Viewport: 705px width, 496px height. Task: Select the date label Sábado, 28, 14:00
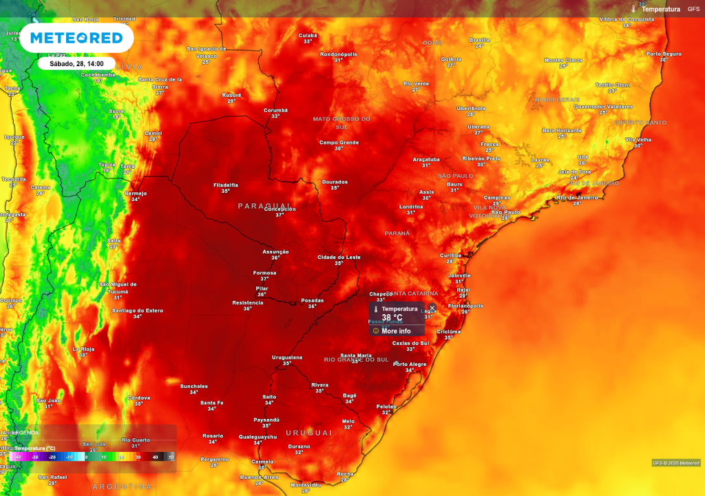point(76,63)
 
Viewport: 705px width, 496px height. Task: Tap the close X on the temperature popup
point(432,308)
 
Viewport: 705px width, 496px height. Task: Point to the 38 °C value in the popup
point(392,318)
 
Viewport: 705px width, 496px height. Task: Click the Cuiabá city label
point(308,35)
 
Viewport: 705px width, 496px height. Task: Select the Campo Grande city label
point(339,143)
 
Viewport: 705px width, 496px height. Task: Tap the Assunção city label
point(275,251)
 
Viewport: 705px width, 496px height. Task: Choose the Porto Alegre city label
point(410,364)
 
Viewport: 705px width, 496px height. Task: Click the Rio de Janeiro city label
point(577,197)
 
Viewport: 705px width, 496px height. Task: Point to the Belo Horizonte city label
point(562,130)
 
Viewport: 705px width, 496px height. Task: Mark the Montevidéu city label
point(306,484)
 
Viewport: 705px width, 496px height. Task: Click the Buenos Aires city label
point(259,477)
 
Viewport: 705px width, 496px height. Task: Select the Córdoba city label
point(139,397)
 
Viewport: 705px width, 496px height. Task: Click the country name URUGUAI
point(309,433)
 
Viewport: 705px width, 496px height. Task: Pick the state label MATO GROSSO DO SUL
point(341,123)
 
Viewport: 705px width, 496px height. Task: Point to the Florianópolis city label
point(465,306)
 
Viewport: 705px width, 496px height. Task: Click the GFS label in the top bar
point(693,9)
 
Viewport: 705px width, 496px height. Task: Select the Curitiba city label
point(450,256)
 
